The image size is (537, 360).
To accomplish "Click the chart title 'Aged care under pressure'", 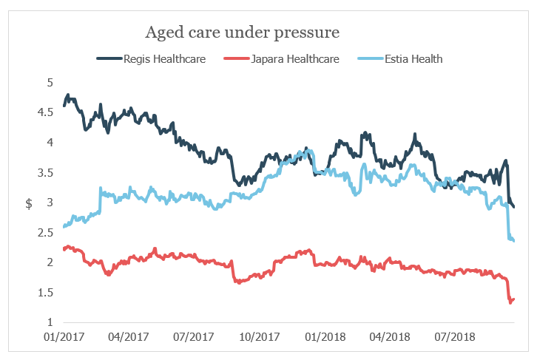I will tap(242, 33).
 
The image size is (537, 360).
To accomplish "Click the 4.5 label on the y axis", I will tap(47, 112).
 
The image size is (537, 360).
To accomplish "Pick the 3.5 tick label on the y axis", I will tap(47, 172).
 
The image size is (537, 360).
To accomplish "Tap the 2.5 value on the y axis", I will tap(47, 233).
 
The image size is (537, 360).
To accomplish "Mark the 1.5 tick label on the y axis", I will tap(47, 293).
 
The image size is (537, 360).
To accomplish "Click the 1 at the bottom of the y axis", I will tap(50, 322).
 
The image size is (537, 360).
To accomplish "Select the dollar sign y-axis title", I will tap(29, 203).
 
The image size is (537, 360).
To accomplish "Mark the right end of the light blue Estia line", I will tap(514, 240).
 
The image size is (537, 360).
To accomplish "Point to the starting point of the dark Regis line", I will tap(64, 106).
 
